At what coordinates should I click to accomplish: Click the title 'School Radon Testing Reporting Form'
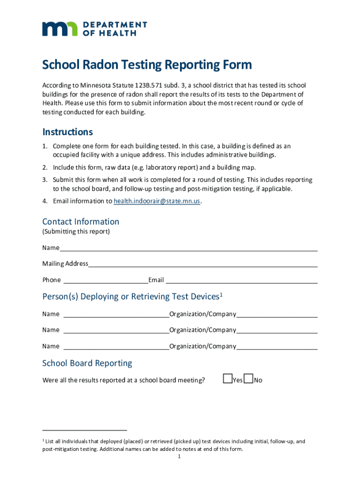pyautogui.click(x=147, y=65)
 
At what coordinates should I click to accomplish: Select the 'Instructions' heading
pyautogui.click(x=67, y=131)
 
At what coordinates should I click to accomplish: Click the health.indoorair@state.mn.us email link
pyautogui.click(x=157, y=201)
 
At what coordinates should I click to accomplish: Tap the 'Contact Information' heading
pyautogui.click(x=80, y=221)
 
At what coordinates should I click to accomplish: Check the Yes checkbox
pyautogui.click(x=228, y=378)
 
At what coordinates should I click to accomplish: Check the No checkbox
pyautogui.click(x=248, y=378)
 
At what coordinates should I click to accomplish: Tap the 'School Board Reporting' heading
pyautogui.click(x=87, y=363)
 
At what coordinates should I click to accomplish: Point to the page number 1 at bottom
pyautogui.click(x=179, y=457)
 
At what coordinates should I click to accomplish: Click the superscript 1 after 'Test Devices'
pyautogui.click(x=221, y=294)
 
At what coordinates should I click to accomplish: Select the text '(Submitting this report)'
pyautogui.click(x=76, y=232)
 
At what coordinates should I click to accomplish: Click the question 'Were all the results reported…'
pyautogui.click(x=123, y=380)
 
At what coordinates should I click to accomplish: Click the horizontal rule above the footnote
pyautogui.click(x=84, y=429)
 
